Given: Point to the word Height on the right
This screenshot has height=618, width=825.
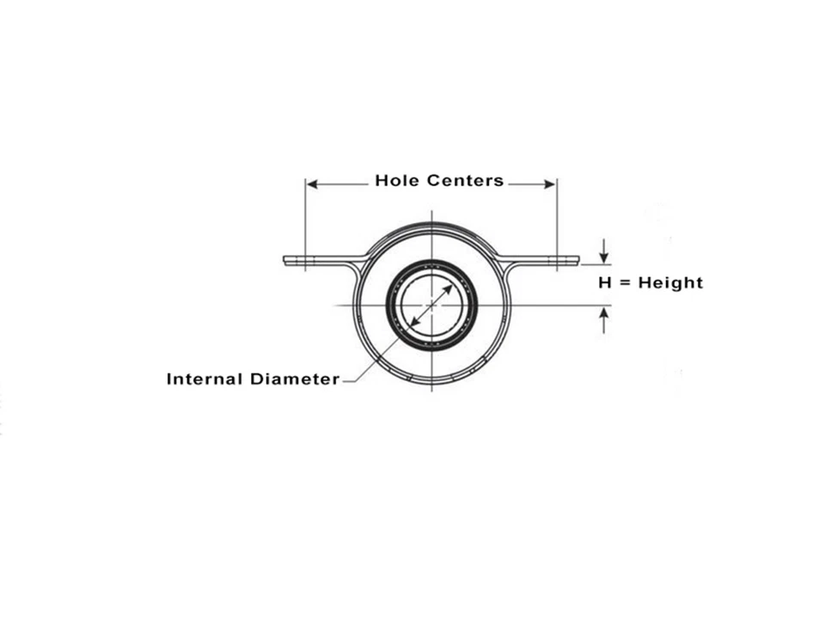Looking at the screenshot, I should point(670,282).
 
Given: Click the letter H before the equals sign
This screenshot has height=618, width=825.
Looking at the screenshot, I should point(606,282).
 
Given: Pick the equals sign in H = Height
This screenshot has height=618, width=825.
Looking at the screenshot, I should point(625,283).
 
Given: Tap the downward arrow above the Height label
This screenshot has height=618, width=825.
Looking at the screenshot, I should point(604,256).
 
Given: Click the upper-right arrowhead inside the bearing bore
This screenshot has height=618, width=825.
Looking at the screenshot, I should point(448,289).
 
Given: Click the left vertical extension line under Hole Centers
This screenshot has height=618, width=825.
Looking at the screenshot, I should point(306,223).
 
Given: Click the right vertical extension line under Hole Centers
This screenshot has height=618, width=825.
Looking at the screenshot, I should point(557,223).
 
